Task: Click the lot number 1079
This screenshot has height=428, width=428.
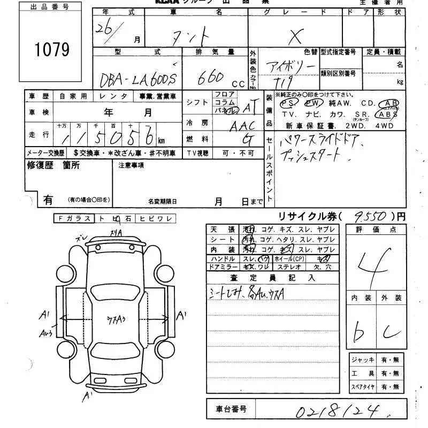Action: point(52,50)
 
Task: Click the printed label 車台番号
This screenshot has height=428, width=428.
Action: point(231,409)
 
